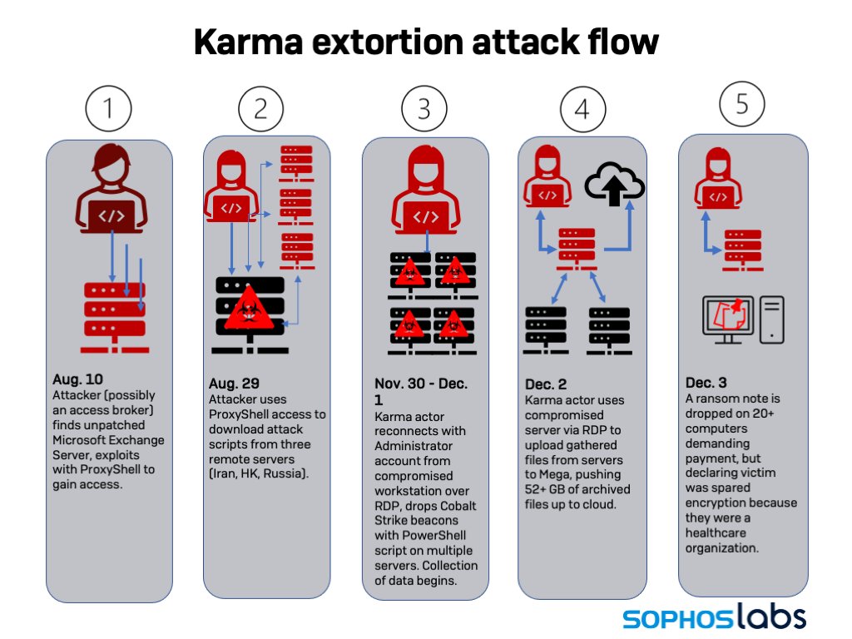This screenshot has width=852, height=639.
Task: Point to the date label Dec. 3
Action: coord(706,384)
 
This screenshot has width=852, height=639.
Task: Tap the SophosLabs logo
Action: coord(714,617)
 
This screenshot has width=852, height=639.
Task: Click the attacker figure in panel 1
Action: coord(111,189)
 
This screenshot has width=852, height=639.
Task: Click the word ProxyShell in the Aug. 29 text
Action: coord(242,414)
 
